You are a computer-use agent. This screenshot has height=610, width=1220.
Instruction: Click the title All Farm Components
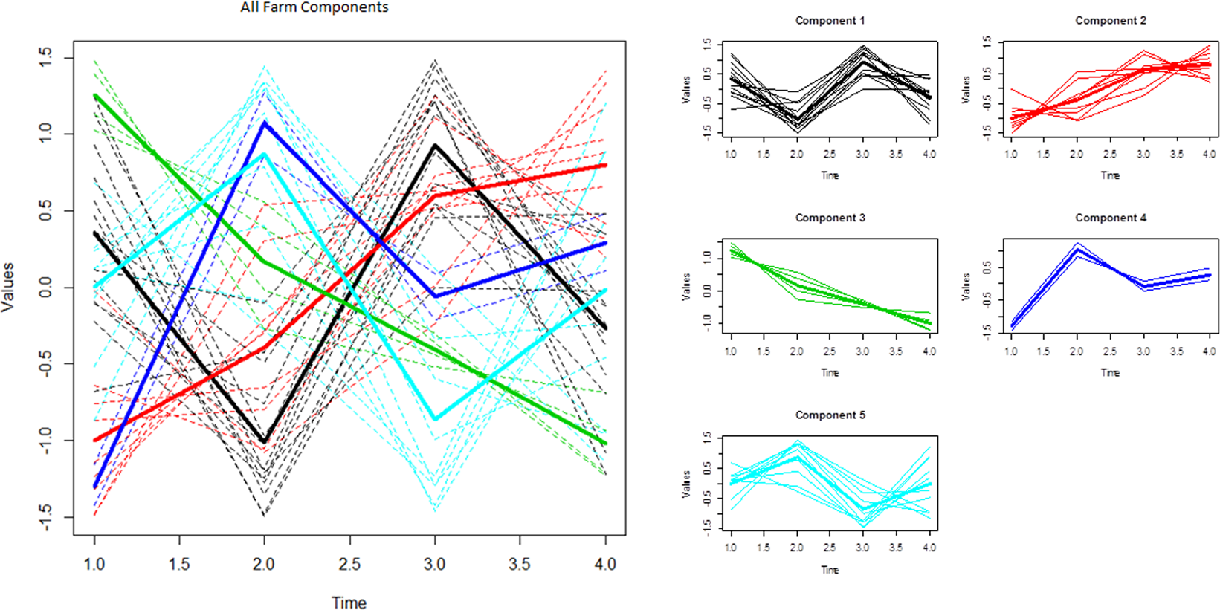click(x=314, y=7)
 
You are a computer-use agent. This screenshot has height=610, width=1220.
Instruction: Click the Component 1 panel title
click(x=830, y=21)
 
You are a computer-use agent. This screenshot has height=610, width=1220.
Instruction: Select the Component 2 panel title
click(x=1110, y=21)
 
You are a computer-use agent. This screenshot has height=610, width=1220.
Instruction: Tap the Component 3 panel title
click(x=830, y=218)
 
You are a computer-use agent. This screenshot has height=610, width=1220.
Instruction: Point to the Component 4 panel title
click(x=1110, y=218)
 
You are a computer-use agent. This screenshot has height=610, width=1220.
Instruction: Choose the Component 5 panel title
click(x=830, y=415)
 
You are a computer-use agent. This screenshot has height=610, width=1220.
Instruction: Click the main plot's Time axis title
click(x=349, y=603)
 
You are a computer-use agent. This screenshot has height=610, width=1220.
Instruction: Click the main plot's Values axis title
click(x=8, y=286)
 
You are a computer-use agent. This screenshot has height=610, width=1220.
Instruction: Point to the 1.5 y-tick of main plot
click(x=45, y=58)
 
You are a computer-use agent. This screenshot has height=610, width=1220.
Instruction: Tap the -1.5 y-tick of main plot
click(x=45, y=517)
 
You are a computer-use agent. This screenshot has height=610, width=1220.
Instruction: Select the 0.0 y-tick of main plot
click(x=45, y=288)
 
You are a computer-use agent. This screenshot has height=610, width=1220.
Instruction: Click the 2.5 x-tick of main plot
click(x=349, y=564)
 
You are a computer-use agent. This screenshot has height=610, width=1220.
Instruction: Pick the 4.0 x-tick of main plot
click(x=605, y=564)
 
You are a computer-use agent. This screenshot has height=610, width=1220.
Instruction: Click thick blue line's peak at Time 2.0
click(x=265, y=123)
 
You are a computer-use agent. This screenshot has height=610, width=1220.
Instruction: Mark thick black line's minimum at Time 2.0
click(x=265, y=442)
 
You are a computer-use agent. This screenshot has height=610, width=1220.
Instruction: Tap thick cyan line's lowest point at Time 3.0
click(x=435, y=420)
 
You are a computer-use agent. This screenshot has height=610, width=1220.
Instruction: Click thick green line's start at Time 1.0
click(x=94, y=95)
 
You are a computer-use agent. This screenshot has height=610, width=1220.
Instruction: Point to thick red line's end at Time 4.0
click(x=606, y=165)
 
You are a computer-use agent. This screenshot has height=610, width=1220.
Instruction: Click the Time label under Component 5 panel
click(x=830, y=570)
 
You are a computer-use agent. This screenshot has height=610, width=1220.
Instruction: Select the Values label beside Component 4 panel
click(x=966, y=286)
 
